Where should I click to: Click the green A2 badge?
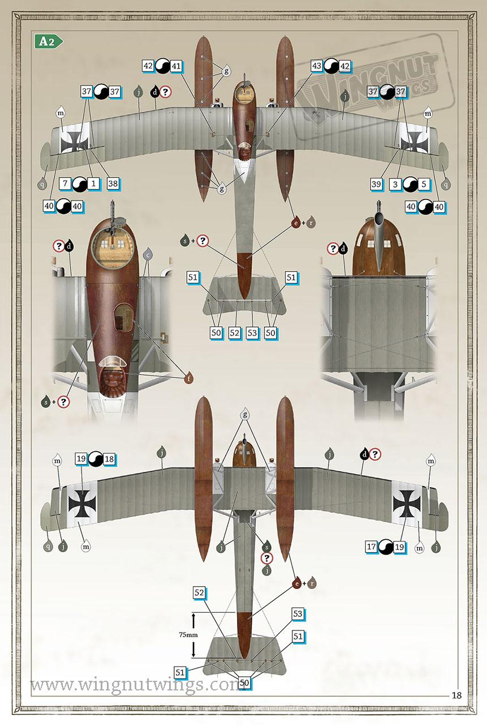49,41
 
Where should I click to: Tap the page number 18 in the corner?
456,695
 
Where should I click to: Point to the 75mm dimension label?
188,635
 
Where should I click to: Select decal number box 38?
113,184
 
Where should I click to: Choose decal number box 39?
376,184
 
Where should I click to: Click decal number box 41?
176,66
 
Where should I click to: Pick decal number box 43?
316,66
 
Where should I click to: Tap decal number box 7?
65,184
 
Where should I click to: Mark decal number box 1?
93,184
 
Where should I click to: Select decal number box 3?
395,184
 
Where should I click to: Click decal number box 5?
424,184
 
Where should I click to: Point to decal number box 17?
371,547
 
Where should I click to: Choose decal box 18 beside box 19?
109,459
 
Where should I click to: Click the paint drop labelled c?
148,254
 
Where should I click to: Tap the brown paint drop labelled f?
189,378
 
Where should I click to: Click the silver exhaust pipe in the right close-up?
379,238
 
